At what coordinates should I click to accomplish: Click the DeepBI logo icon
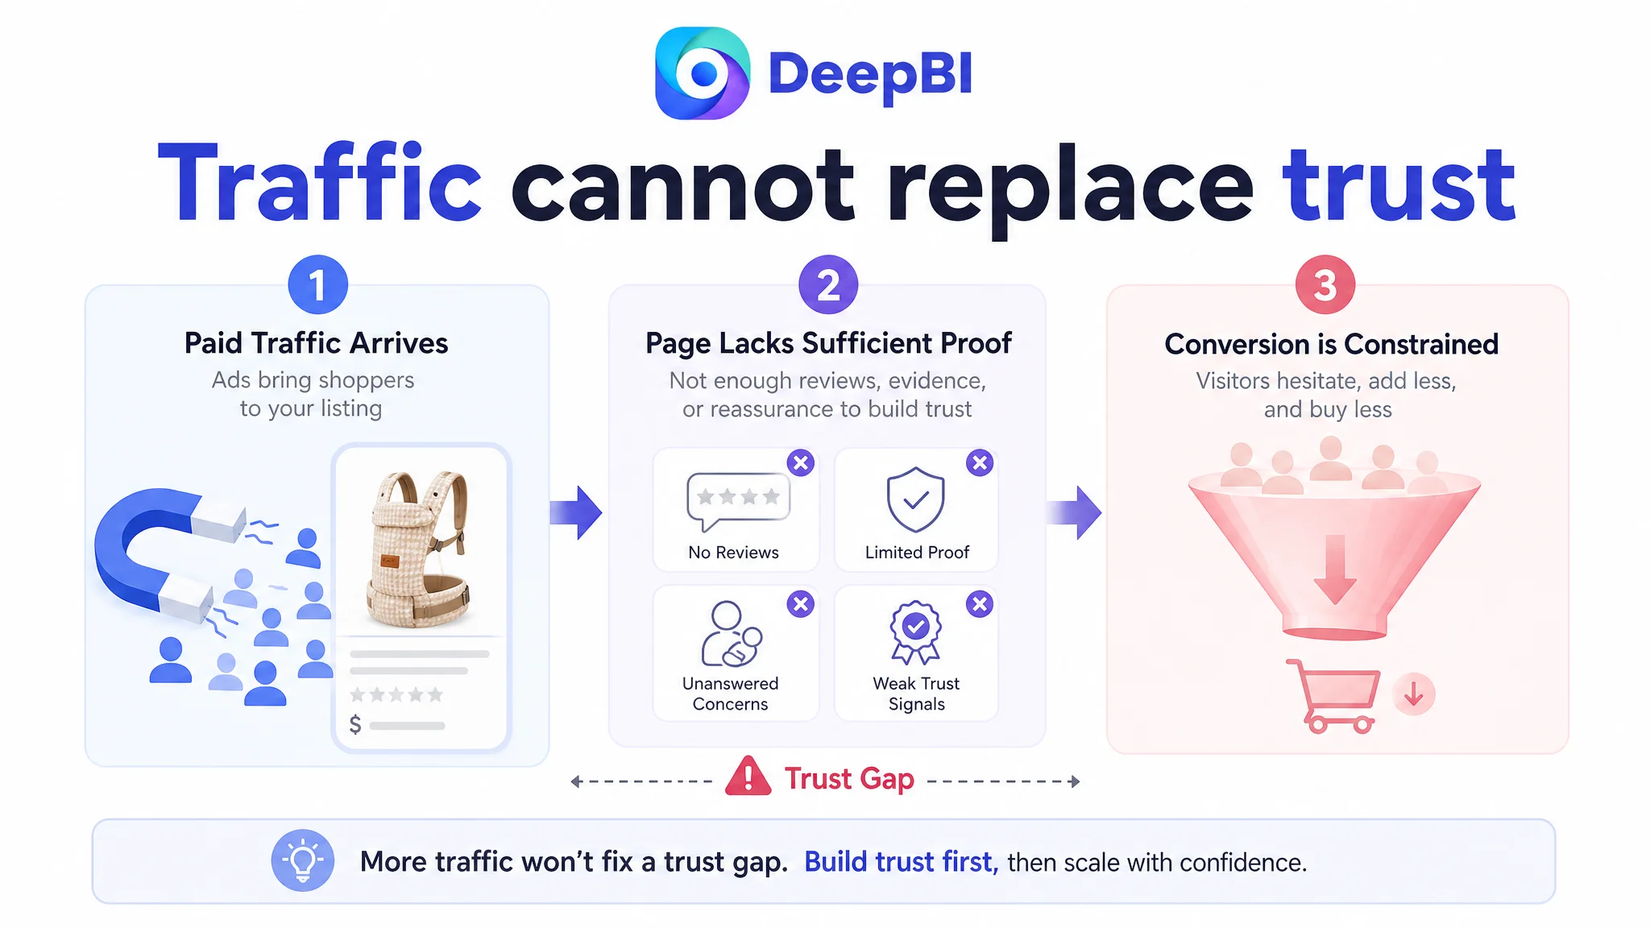point(703,73)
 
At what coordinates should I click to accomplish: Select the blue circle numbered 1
point(318,285)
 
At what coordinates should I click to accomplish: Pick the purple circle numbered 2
point(828,285)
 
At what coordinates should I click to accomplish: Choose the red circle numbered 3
point(1325,285)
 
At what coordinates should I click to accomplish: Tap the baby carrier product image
point(419,548)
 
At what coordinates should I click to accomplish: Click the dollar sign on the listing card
point(355,725)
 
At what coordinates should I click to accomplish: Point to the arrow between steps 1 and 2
point(576,512)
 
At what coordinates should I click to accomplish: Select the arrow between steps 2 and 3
point(1074,512)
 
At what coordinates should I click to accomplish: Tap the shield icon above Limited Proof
point(915,499)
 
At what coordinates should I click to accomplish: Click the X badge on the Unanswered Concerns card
point(801,604)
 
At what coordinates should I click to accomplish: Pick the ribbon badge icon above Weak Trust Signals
point(915,632)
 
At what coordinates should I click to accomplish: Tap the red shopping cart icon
point(1334,696)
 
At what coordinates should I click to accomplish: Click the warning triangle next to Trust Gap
point(748,777)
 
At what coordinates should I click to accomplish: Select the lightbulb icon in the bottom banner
point(303,860)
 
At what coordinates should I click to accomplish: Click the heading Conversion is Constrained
point(1331,344)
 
